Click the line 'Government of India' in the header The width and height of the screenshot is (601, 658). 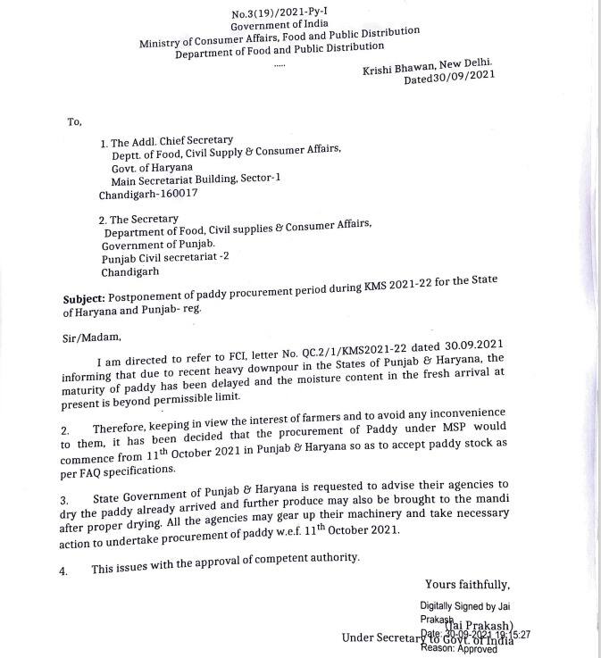click(x=279, y=28)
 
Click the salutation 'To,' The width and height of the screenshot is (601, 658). click(x=74, y=122)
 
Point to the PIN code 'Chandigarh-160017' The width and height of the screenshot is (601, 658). click(x=148, y=193)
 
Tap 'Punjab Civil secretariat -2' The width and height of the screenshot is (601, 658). click(x=165, y=258)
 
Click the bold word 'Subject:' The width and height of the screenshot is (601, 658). click(x=84, y=297)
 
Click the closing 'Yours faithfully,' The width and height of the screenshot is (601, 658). click(x=467, y=585)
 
